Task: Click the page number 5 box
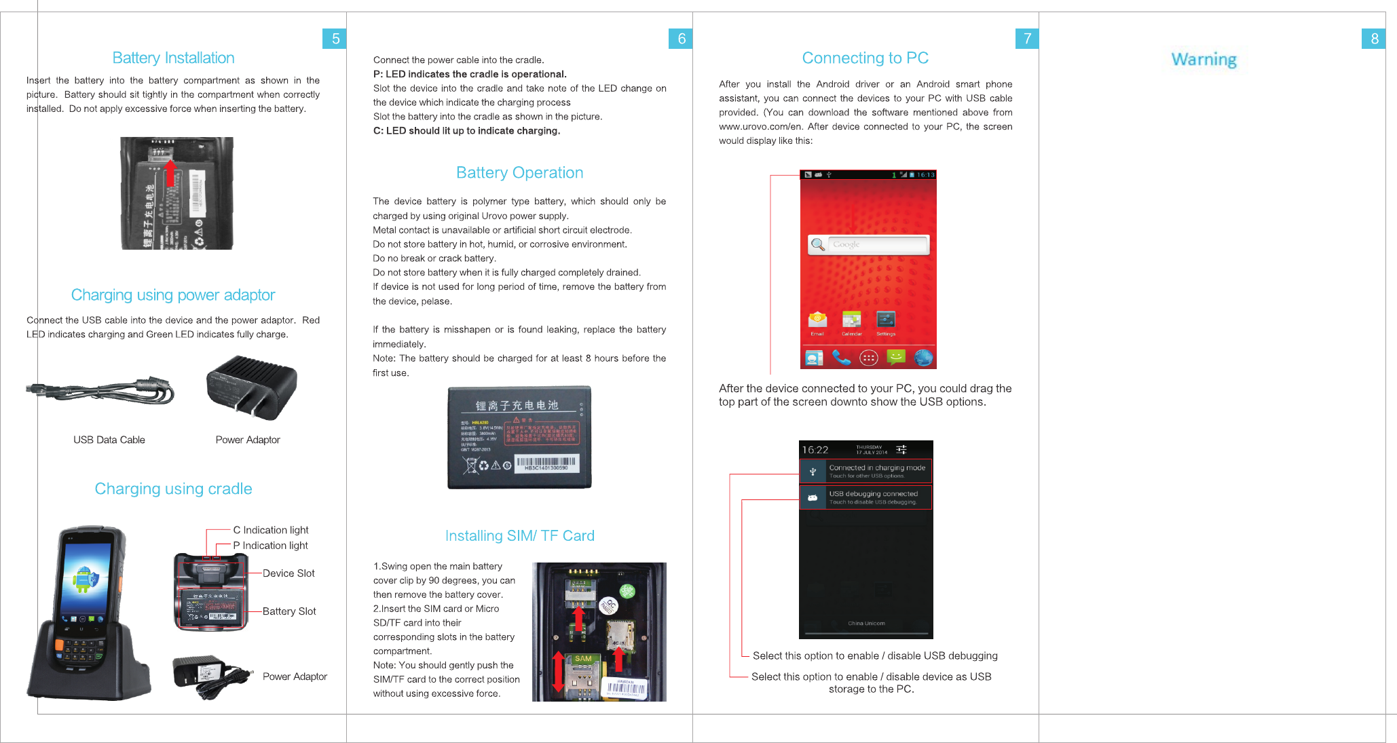coord(335,39)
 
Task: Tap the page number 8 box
coord(1373,39)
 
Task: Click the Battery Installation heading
coord(173,58)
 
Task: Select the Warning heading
coord(1204,60)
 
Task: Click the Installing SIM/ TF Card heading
coord(519,535)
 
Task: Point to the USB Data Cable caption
coord(109,440)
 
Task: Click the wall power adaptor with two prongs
coord(252,387)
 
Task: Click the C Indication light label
coord(270,530)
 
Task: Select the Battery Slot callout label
coord(289,611)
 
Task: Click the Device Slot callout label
coord(288,573)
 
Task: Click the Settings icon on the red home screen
coord(886,320)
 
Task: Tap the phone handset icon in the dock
coord(841,358)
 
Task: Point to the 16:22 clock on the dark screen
coord(815,450)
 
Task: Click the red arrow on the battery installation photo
coord(170,172)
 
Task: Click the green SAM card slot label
coord(583,659)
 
